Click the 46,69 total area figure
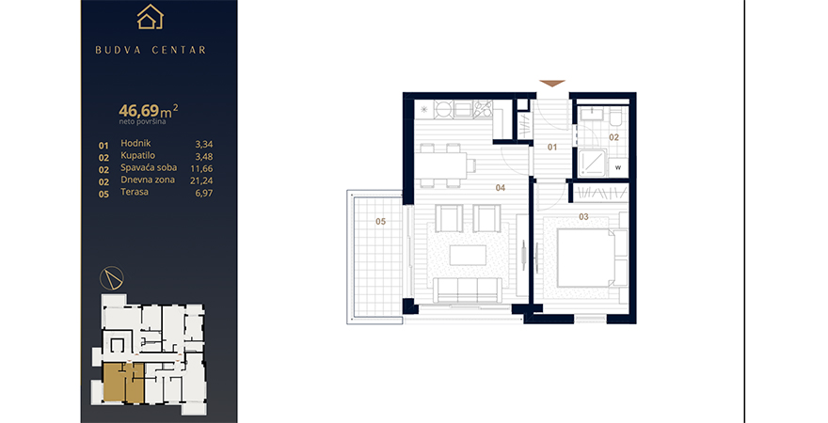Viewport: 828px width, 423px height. click(139, 111)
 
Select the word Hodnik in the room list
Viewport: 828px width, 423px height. click(135, 143)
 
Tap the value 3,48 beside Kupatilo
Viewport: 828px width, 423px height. click(204, 157)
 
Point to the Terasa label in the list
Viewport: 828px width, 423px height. click(135, 192)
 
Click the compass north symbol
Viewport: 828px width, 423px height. click(112, 278)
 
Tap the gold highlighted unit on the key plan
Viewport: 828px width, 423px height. click(123, 384)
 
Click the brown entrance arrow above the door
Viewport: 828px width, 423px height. click(552, 84)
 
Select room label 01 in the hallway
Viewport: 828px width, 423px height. click(551, 148)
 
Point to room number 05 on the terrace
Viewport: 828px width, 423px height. click(381, 222)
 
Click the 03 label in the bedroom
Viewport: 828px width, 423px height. click(583, 217)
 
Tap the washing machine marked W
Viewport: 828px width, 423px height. click(618, 167)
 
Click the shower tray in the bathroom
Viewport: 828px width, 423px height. click(592, 163)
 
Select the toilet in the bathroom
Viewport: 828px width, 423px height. click(616, 117)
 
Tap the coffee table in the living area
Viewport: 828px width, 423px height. click(468, 256)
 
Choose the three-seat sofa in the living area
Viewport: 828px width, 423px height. click(467, 290)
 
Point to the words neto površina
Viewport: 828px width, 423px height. click(143, 122)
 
